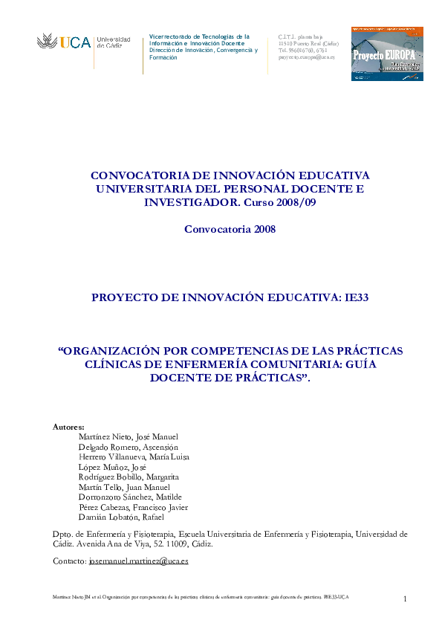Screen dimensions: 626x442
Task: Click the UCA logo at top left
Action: tap(83, 42)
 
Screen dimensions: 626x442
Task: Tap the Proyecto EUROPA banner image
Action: tap(387, 54)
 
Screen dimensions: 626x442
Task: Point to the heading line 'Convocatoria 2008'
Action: tap(230, 229)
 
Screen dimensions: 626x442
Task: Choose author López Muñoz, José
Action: tap(112, 467)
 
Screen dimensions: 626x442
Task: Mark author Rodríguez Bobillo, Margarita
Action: tap(129, 477)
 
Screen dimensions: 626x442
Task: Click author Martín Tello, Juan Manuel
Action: tap(124, 487)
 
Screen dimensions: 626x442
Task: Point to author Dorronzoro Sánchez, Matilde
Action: tap(130, 497)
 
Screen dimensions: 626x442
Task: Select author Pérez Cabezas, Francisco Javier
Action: tap(133, 507)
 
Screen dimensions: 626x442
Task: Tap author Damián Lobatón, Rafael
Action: tap(121, 517)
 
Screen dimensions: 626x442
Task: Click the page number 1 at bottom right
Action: tap(406, 599)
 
